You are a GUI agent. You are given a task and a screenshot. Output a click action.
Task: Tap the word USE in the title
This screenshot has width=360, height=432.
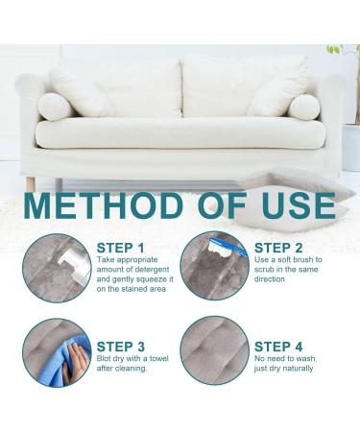click(x=299, y=205)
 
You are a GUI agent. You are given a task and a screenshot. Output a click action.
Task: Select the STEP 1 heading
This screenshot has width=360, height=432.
click(x=120, y=248)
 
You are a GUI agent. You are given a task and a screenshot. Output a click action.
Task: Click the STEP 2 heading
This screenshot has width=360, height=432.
click(x=278, y=248)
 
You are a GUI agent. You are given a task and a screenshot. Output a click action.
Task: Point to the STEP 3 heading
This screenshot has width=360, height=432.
click(x=121, y=347)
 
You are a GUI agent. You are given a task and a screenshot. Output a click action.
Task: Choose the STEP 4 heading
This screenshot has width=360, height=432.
click(x=278, y=347)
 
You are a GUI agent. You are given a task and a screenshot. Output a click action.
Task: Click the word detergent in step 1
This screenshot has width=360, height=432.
click(x=152, y=270)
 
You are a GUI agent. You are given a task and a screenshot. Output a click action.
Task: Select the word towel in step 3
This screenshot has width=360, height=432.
click(x=158, y=358)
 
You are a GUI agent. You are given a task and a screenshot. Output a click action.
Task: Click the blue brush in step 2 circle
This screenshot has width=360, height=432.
click(x=228, y=247)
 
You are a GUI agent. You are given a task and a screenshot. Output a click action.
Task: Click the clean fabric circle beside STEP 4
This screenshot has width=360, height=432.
click(x=214, y=350)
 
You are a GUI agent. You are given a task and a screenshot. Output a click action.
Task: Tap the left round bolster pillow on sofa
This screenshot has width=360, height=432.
click(x=55, y=107)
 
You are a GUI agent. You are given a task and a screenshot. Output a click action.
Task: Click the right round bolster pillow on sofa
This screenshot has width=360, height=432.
click(x=304, y=108)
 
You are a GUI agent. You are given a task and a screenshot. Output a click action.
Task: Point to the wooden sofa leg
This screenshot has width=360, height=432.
click(x=31, y=184)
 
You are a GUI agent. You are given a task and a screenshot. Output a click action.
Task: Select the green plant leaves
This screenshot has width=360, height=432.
click(x=335, y=49)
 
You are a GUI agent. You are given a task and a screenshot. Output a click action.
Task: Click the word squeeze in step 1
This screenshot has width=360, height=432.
click(x=151, y=279)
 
